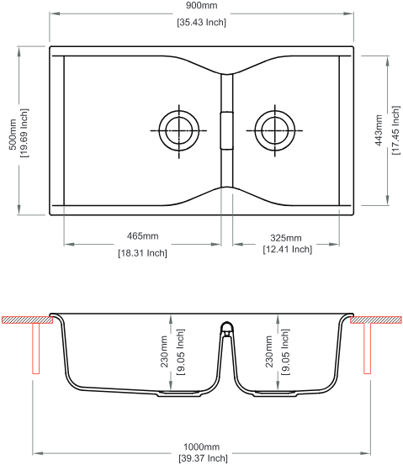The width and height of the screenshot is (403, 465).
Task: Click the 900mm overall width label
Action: (201, 5)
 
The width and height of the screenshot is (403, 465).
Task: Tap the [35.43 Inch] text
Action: (202, 23)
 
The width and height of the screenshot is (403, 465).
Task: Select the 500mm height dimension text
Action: (13, 135)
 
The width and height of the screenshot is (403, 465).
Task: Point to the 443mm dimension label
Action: (379, 130)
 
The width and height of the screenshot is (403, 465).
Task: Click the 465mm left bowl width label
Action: (142, 236)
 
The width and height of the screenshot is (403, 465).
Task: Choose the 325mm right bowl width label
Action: (286, 238)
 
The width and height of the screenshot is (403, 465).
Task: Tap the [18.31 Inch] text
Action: (142, 253)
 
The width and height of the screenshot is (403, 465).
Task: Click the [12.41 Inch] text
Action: (288, 250)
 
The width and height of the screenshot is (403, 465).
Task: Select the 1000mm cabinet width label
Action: (202, 447)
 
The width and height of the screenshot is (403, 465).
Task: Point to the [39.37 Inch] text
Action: (203, 458)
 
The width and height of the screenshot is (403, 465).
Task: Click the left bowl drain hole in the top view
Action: (179, 130)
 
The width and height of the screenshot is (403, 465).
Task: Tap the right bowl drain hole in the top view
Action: (275, 130)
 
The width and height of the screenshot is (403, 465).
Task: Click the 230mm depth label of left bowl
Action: (164, 351)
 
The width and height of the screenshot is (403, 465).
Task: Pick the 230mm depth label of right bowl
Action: (269, 351)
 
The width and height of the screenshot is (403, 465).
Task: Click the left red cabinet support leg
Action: (36, 348)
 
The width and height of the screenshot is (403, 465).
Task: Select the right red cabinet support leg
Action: (368, 348)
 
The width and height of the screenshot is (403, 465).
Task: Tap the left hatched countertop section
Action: (27, 320)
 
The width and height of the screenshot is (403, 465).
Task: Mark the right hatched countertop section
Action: (376, 320)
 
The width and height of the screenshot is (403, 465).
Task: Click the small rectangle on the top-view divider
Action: (226, 130)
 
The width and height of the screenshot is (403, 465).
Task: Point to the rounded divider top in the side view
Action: (227, 326)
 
